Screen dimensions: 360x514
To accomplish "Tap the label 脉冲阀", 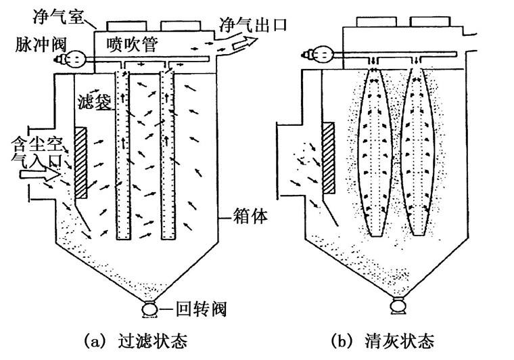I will [x=34, y=45].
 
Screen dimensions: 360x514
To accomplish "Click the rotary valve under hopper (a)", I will [x=147, y=310].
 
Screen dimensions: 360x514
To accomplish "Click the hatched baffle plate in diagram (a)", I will [x=81, y=162].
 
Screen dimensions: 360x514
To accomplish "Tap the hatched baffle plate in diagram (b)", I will [x=330, y=158].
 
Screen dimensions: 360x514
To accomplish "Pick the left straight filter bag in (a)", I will [x=122, y=154].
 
